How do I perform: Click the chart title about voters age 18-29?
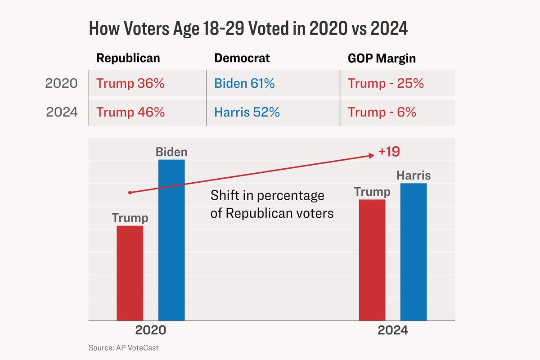tap(248, 29)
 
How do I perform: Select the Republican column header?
tap(128, 58)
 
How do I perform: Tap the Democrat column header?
tap(242, 58)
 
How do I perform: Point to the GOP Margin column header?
tap(381, 58)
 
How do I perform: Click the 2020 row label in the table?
tap(62, 84)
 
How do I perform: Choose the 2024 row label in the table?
tap(62, 112)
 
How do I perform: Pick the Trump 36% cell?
tap(130, 84)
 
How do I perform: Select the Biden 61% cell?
tap(244, 84)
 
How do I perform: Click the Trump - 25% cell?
tap(386, 84)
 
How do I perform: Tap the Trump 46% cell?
tap(130, 112)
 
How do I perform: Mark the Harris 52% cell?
tap(247, 112)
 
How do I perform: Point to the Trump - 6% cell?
tap(382, 112)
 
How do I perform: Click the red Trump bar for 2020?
tap(130, 273)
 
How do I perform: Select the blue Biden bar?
tap(171, 240)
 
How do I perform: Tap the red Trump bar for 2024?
tap(372, 260)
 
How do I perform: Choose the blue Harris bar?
tap(414, 252)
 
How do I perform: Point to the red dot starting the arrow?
tap(130, 193)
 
